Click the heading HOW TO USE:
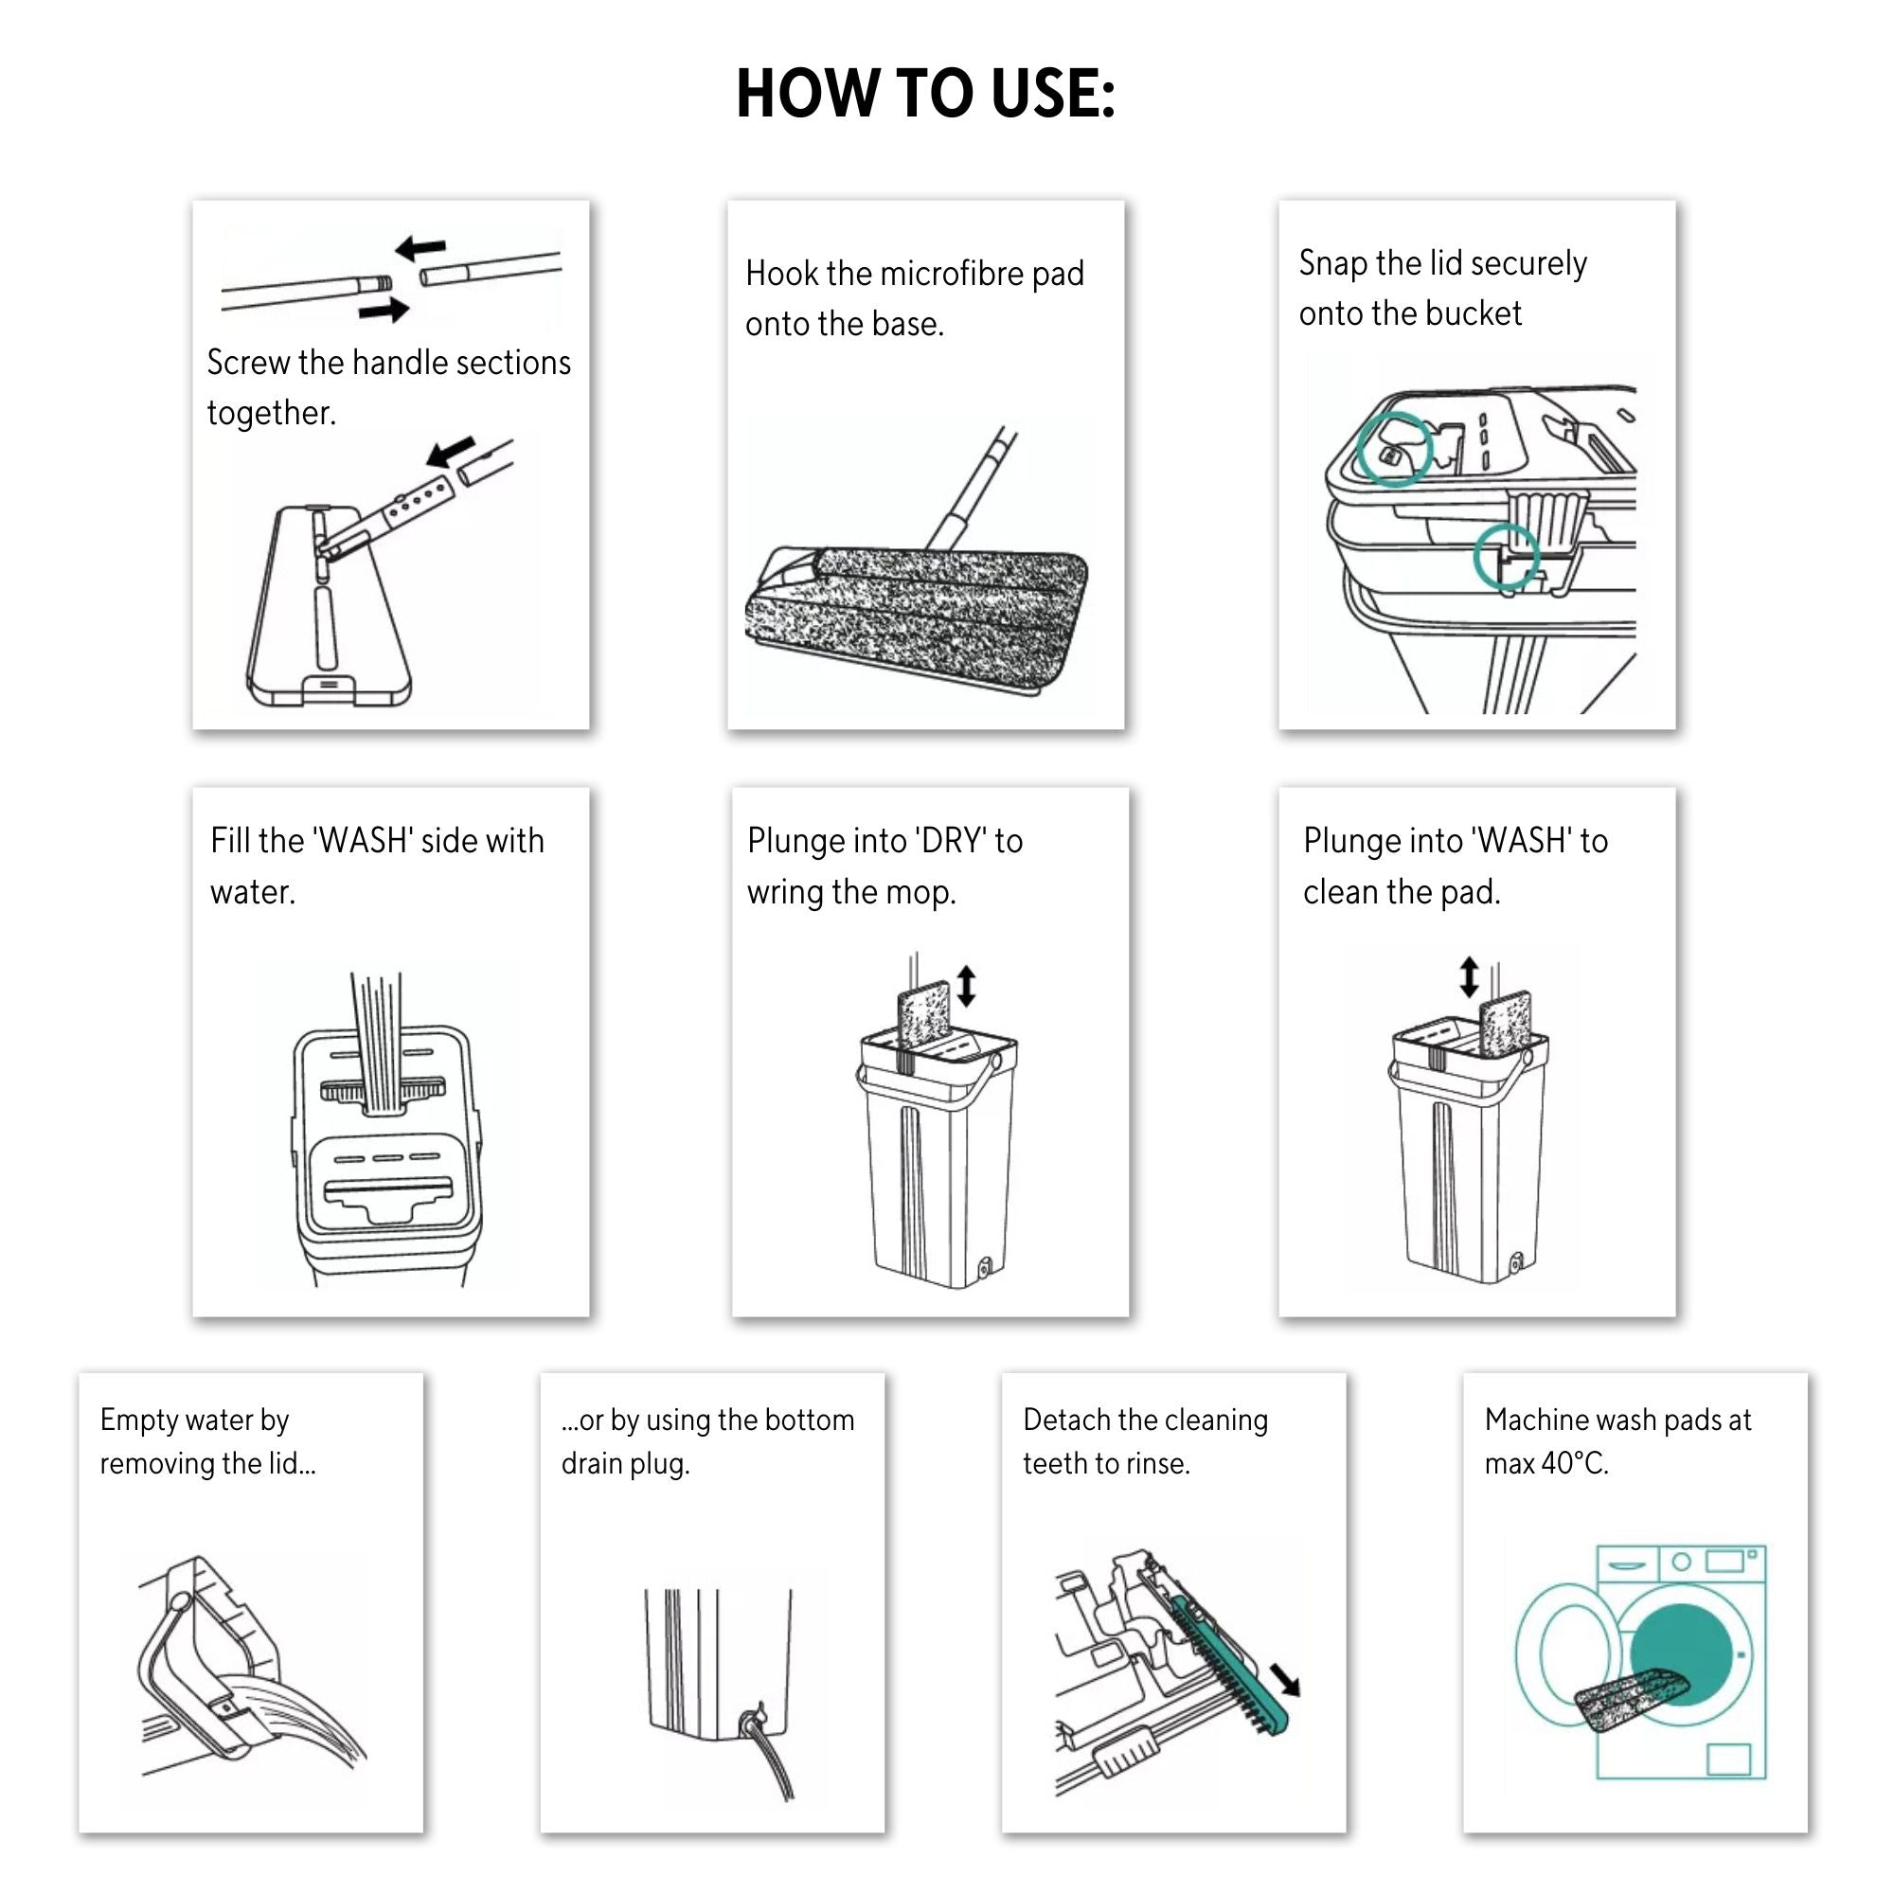click(925, 94)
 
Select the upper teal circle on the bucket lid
click(1394, 448)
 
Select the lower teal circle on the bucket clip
click(1506, 556)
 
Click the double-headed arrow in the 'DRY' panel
click(967, 986)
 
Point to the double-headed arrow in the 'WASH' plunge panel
click(1469, 977)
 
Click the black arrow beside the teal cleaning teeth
click(1285, 1679)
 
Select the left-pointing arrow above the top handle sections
click(420, 248)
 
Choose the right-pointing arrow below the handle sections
click(384, 311)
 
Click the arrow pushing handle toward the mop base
click(452, 452)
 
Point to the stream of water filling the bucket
click(377, 1039)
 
